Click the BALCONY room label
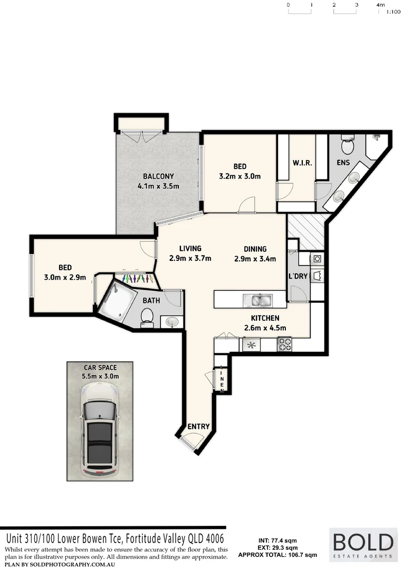[x=158, y=176]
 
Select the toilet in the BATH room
[x=147, y=318]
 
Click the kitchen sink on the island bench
[x=258, y=300]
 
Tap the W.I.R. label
[x=302, y=163]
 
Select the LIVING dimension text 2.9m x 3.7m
[x=190, y=258]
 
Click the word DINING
[x=255, y=249]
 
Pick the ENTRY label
[x=198, y=426]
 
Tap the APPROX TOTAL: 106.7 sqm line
[x=277, y=555]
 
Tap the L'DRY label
[x=299, y=277]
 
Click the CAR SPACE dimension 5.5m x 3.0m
[x=100, y=376]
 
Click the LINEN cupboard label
[x=223, y=380]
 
